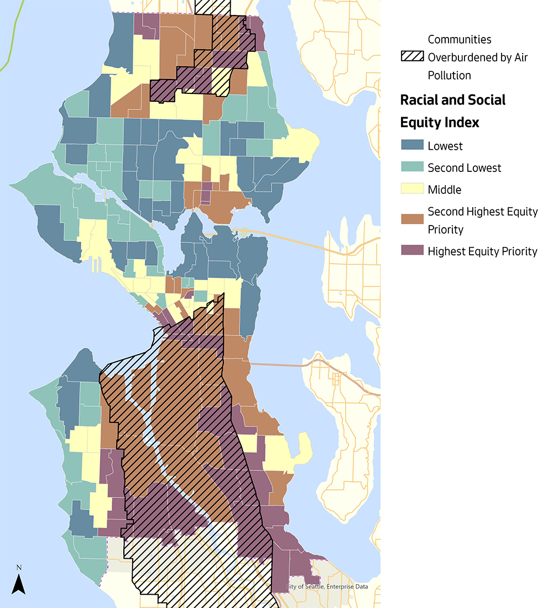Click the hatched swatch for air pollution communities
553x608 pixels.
point(412,57)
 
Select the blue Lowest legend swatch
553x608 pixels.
point(412,146)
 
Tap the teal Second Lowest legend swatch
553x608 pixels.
point(412,167)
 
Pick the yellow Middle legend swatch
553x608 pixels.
point(412,190)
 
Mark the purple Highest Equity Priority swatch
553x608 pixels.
point(412,251)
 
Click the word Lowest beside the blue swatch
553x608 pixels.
point(445,146)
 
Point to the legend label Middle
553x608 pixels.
point(445,190)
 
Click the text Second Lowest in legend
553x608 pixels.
point(465,167)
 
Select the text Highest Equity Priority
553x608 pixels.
point(482,251)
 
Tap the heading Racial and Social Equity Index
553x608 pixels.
point(453,111)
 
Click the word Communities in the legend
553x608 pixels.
point(460,39)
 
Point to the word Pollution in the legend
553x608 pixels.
point(450,75)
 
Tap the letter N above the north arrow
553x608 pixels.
point(19,567)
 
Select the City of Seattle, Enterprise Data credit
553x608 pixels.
point(327,587)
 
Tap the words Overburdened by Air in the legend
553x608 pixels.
point(478,57)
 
